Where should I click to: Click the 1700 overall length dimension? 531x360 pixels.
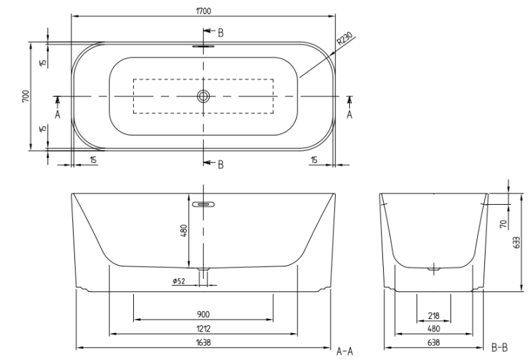203,11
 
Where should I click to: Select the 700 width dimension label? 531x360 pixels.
25,96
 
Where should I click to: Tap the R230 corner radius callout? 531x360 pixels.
345,39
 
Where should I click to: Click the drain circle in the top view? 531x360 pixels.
203,96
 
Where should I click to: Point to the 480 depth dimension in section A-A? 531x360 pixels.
184,230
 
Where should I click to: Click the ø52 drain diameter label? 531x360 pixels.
179,281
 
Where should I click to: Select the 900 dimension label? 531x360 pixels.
203,315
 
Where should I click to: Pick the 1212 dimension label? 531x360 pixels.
203,329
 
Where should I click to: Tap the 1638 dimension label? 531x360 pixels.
203,342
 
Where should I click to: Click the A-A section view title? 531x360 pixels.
345,351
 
